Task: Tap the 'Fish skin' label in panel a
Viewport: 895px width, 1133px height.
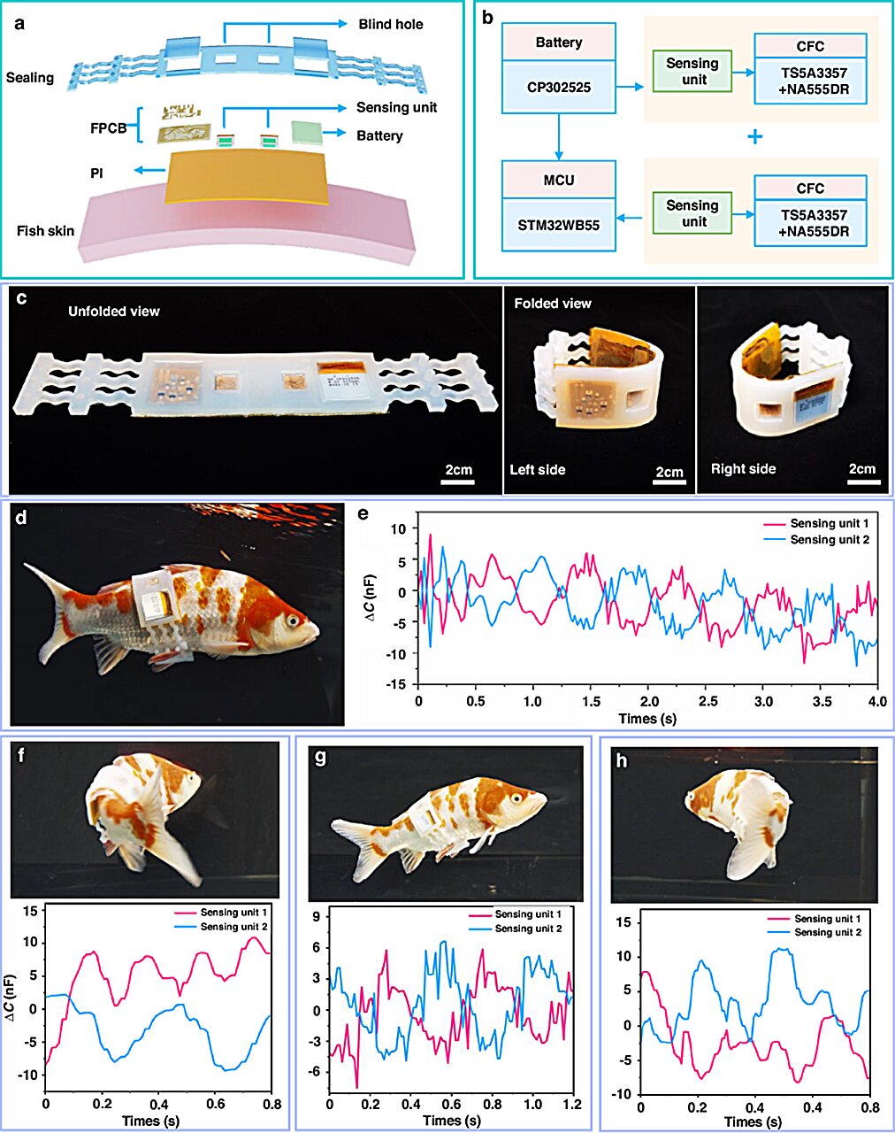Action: tap(46, 231)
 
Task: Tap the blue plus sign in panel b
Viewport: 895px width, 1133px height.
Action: tap(754, 137)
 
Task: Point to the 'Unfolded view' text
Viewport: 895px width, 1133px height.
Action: tap(114, 312)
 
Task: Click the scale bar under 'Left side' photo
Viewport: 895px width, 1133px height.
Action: tap(669, 482)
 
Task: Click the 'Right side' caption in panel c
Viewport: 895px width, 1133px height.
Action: tap(743, 469)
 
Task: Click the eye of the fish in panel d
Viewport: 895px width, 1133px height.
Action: tap(291, 622)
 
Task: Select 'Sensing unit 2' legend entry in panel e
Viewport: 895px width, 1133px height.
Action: tap(829, 539)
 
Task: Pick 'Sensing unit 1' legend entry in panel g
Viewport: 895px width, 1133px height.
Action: tap(528, 914)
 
